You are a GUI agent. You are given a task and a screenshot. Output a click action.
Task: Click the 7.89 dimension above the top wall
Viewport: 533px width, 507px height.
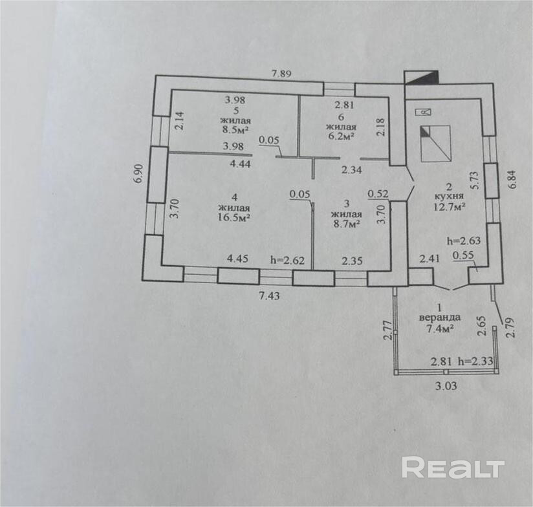(x=281, y=74)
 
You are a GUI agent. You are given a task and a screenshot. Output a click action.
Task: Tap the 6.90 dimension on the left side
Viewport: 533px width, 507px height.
(x=138, y=174)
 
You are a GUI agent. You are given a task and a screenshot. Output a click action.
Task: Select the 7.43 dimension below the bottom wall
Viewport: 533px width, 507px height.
(x=269, y=296)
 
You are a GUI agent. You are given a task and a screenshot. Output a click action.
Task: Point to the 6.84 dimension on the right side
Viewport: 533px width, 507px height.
(x=512, y=178)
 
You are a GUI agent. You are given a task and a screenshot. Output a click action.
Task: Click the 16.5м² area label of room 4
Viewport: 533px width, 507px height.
(x=234, y=217)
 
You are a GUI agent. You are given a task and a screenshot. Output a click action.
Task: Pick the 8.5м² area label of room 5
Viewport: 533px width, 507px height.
(x=235, y=130)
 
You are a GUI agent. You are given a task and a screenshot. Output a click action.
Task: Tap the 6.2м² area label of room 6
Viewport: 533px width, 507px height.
(x=341, y=136)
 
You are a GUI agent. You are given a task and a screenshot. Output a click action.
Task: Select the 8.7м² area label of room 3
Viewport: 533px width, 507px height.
(x=346, y=224)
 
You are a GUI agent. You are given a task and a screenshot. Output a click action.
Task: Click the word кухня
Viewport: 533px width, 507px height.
(x=449, y=196)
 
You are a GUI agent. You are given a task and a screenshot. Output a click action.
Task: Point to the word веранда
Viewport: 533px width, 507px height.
(x=440, y=318)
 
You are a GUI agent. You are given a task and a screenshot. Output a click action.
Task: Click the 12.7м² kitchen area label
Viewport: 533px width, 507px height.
(x=449, y=206)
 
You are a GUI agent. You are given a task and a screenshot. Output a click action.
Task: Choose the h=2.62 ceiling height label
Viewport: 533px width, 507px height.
(x=288, y=261)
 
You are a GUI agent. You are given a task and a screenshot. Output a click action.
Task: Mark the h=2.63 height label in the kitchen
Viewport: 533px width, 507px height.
(x=464, y=241)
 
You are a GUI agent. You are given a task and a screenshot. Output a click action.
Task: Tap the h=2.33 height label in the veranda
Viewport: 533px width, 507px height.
(x=475, y=361)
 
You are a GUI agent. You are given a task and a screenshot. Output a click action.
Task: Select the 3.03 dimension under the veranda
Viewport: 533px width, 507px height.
(x=446, y=385)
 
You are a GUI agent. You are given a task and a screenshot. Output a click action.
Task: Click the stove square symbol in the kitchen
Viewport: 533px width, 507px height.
(x=436, y=144)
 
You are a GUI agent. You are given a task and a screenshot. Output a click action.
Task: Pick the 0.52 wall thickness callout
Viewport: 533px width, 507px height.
(x=378, y=194)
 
